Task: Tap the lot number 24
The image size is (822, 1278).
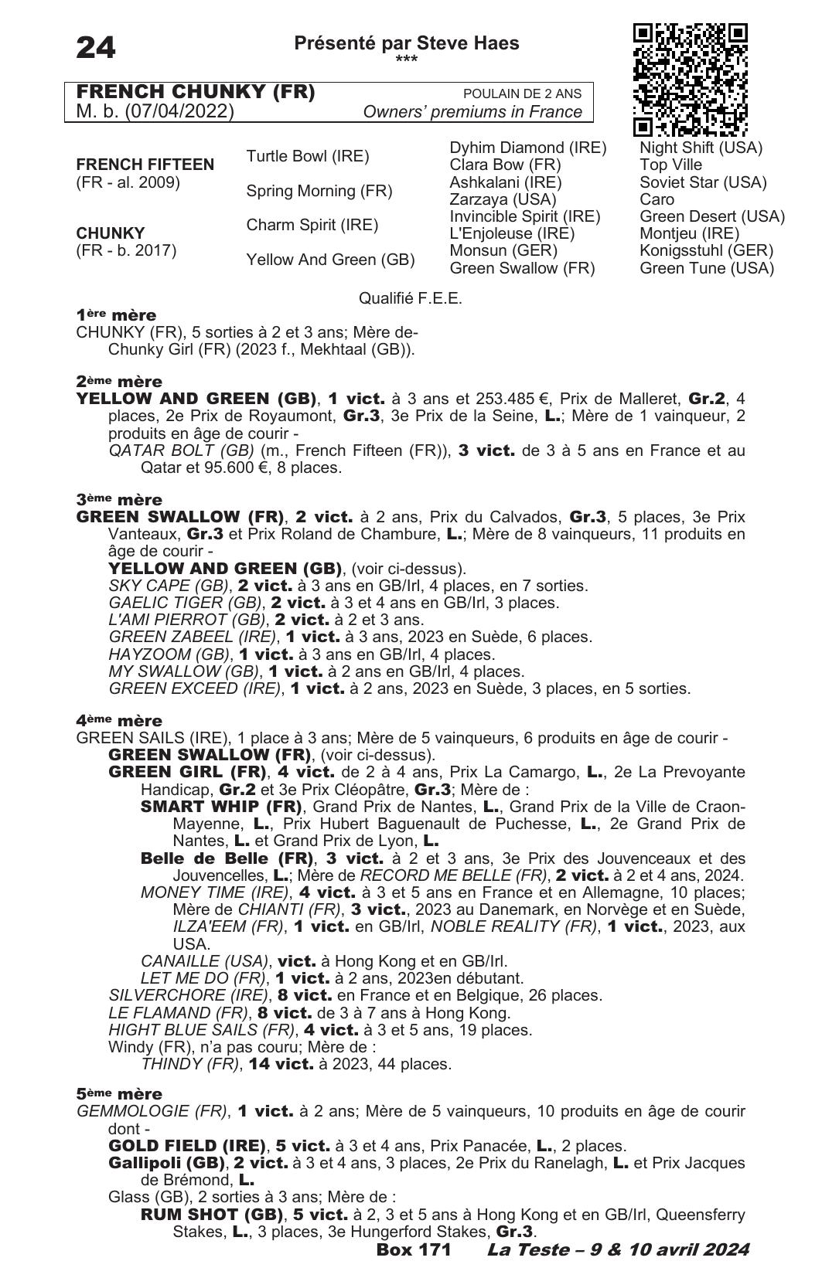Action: [x=96, y=48]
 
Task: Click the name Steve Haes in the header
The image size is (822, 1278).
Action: [x=468, y=43]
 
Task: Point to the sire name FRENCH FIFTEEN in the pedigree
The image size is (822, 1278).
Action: [x=145, y=165]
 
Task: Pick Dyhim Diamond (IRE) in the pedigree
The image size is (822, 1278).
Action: [x=527, y=148]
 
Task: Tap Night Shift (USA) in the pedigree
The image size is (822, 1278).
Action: [x=701, y=148]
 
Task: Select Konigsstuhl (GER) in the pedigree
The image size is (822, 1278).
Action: [x=706, y=250]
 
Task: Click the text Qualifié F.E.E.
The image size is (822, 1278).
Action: [x=410, y=298]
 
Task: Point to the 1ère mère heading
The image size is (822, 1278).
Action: [x=116, y=315]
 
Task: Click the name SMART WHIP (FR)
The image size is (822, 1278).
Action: [x=220, y=807]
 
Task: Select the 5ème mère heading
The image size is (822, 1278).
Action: [x=119, y=1094]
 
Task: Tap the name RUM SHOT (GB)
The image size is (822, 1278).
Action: [x=211, y=1214]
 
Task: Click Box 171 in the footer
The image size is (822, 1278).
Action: [x=413, y=1249]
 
